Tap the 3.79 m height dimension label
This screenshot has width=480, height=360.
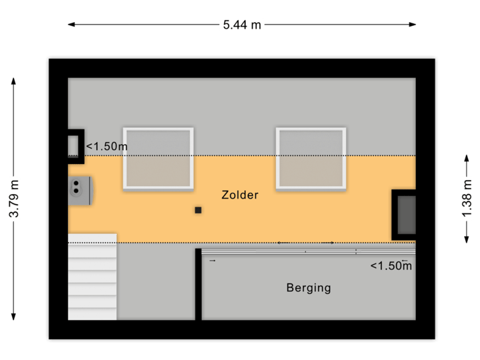click(x=13, y=198)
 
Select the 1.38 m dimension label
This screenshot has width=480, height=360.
click(x=466, y=197)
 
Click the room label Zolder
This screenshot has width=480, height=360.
click(x=239, y=195)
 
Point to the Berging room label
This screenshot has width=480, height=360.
click(x=309, y=288)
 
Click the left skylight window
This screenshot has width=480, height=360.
click(x=158, y=158)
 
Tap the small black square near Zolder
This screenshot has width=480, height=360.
click(x=198, y=211)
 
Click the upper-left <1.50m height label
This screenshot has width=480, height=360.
click(x=107, y=146)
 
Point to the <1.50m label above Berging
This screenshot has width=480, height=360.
click(x=391, y=266)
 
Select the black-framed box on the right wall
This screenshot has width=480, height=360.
click(x=404, y=214)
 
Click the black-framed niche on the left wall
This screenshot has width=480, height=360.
click(x=75, y=145)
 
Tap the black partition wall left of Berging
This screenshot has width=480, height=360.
click(x=198, y=284)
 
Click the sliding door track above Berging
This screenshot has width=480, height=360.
click(x=307, y=251)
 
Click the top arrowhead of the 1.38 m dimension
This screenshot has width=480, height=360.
click(x=466, y=155)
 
